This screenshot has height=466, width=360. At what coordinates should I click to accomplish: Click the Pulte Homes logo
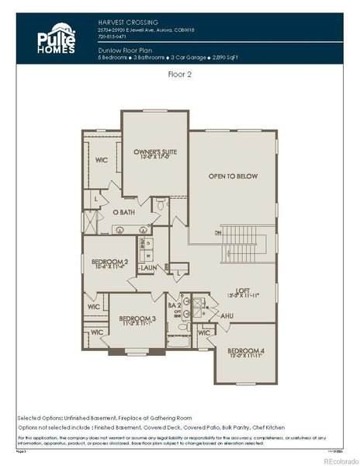click(x=57, y=39)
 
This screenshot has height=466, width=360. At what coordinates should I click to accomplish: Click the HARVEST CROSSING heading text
click(x=128, y=22)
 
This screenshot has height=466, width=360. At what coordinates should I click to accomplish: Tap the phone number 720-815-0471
click(x=114, y=36)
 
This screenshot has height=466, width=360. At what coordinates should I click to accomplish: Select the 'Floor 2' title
click(x=179, y=75)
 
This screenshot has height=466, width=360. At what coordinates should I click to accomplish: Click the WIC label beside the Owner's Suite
click(x=101, y=161)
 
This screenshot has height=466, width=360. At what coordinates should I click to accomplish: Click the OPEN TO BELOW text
click(x=232, y=176)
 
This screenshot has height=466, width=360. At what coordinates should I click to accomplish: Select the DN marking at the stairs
click(x=218, y=231)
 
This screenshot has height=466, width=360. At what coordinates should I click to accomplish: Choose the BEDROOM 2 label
click(x=109, y=262)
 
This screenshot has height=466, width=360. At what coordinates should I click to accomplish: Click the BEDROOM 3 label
click(x=137, y=318)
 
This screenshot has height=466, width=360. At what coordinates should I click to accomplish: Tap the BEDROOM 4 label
click(x=245, y=351)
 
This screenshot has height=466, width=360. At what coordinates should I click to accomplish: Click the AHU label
click(x=227, y=316)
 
